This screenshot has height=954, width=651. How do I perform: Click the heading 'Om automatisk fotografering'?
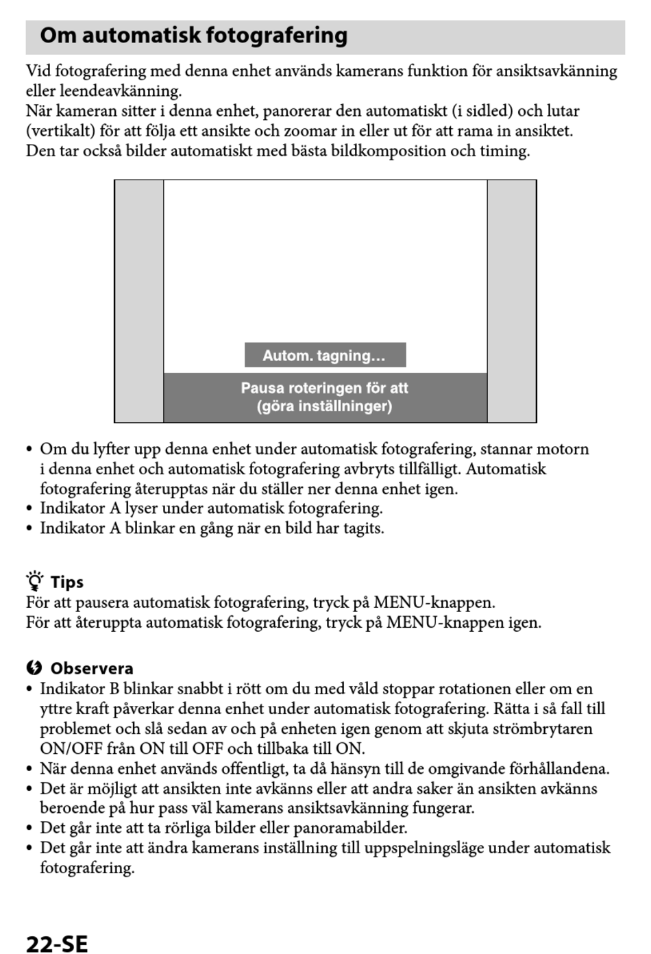(x=194, y=36)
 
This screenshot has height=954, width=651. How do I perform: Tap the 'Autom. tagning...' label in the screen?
(x=324, y=356)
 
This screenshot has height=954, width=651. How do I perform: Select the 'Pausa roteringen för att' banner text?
(x=324, y=388)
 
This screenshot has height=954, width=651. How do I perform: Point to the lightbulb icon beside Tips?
(x=35, y=581)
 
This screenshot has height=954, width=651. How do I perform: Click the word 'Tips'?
(x=67, y=583)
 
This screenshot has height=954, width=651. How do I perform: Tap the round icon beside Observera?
(x=34, y=668)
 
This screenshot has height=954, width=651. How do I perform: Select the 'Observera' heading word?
(x=92, y=669)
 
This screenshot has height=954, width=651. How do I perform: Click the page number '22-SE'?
(x=57, y=944)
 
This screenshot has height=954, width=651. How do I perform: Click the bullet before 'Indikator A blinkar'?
(x=29, y=528)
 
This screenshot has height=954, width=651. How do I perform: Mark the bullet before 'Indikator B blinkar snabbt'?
(x=29, y=689)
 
